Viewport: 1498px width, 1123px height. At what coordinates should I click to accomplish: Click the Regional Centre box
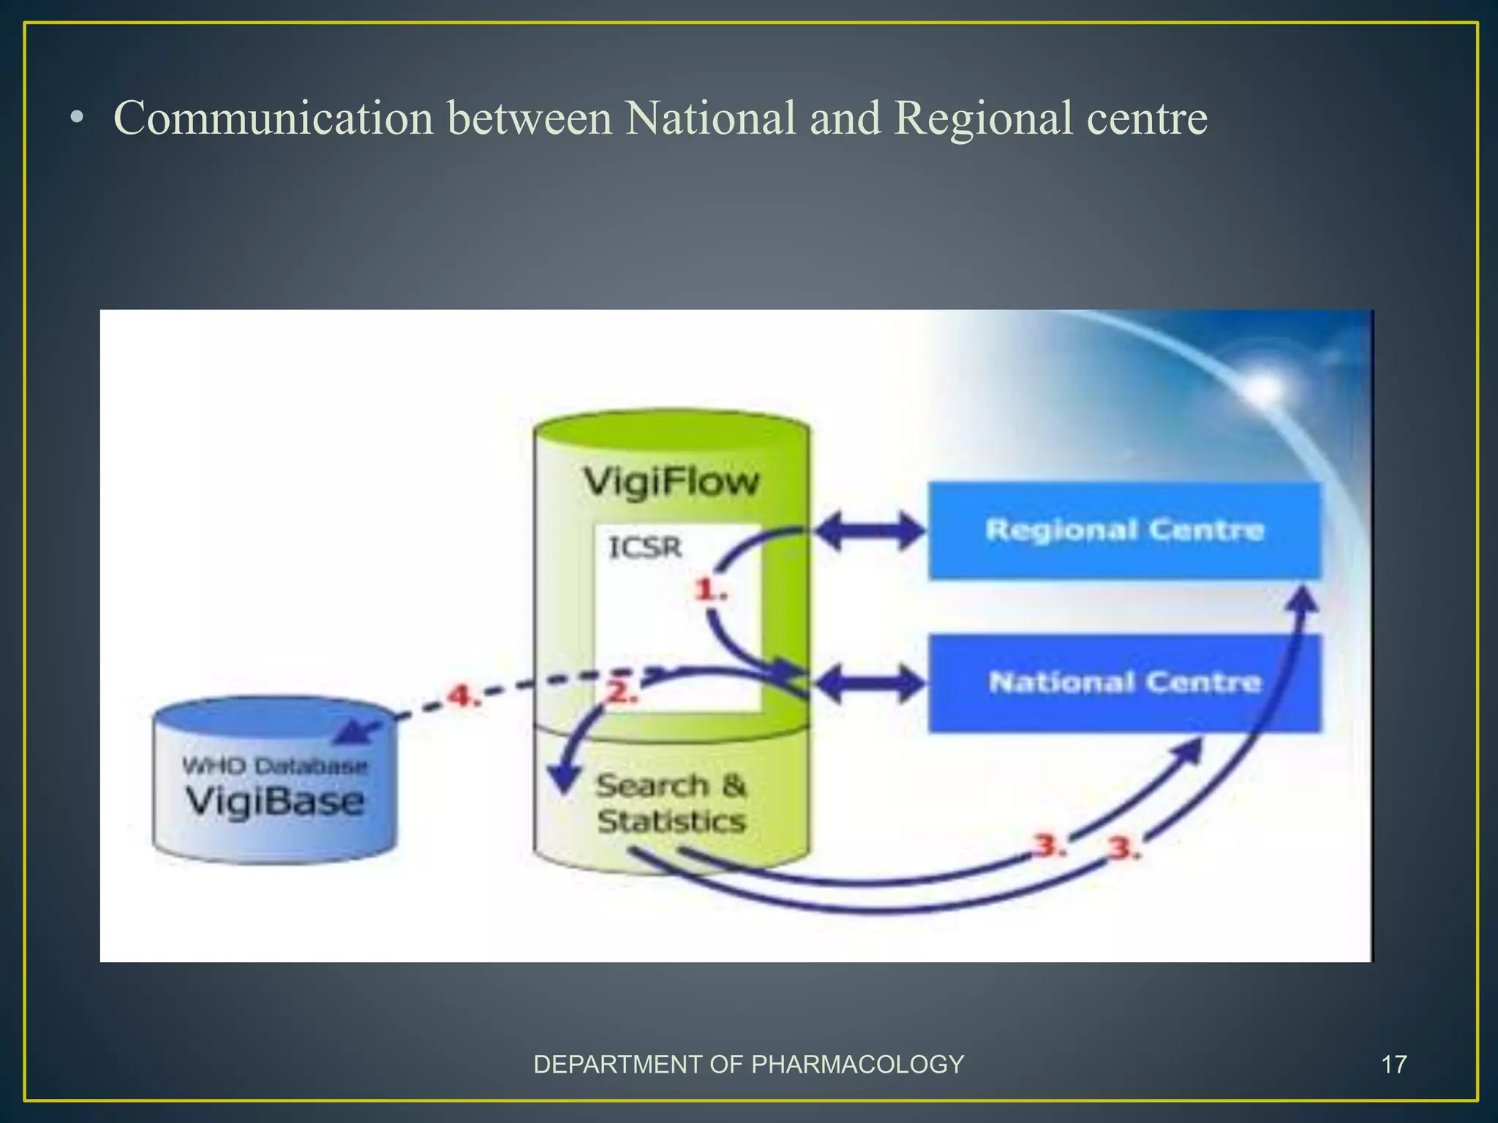(1124, 530)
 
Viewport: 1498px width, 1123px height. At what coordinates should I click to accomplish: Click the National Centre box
(1124, 683)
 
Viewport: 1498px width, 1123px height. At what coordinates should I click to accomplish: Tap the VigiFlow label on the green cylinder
(671, 482)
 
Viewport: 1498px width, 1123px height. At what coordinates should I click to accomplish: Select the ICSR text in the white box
(645, 547)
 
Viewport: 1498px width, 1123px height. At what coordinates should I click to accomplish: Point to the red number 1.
(710, 589)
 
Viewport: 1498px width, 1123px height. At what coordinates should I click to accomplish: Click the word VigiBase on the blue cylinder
(274, 801)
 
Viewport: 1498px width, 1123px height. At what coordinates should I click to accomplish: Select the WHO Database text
(274, 766)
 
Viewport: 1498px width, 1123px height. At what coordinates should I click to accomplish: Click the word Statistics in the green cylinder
(671, 822)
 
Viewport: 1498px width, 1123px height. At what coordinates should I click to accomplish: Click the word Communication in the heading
(274, 118)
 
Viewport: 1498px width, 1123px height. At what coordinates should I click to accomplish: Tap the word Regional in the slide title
(982, 118)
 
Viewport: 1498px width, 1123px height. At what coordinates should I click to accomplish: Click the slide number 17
(1393, 1065)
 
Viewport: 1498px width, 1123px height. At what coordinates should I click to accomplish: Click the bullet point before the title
(77, 119)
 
